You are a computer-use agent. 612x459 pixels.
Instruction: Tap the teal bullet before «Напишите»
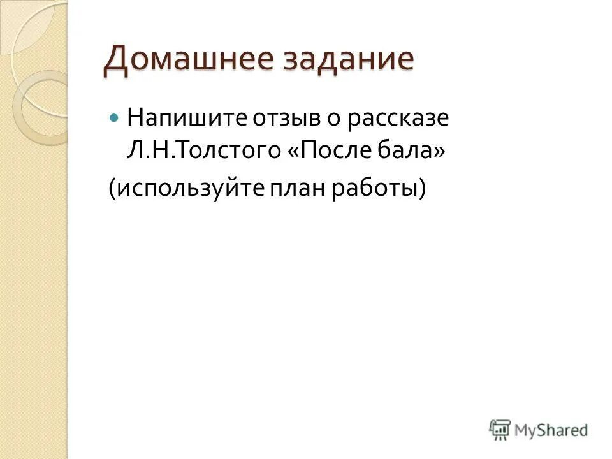[x=115, y=119]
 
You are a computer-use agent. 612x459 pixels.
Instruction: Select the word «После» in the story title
[x=329, y=152]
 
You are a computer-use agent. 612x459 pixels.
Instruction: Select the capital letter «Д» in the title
[x=116, y=60]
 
